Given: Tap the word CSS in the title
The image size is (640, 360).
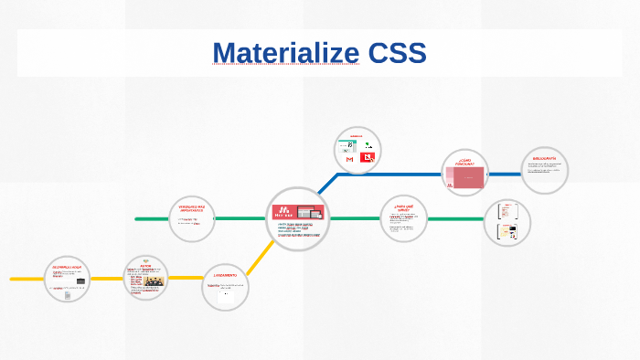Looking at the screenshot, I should (393, 53).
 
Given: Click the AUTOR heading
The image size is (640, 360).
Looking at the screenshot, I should (145, 267).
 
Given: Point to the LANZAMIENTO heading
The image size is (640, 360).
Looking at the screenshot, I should (225, 274).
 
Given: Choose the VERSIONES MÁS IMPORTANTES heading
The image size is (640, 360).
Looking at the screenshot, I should (192, 209).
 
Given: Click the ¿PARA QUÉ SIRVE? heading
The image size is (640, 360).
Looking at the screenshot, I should (404, 206).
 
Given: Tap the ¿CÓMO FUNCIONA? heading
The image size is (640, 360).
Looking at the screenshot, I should (464, 163).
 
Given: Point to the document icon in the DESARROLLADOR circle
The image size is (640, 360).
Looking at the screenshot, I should (68, 293).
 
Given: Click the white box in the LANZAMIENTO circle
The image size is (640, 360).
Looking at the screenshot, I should (225, 293).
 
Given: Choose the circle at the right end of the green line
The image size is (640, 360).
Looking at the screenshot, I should (507, 222).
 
